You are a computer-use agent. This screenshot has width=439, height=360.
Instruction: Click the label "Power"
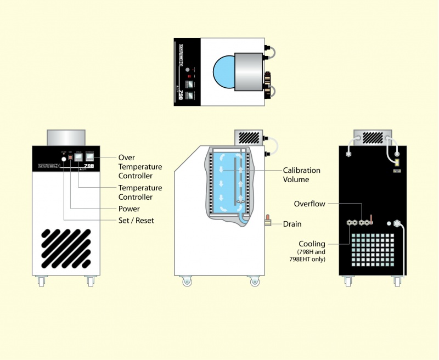130,209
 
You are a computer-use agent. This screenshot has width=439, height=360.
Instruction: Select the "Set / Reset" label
136,221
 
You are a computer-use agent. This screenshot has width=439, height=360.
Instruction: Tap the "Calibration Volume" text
302,175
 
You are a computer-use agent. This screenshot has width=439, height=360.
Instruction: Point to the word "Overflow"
309,204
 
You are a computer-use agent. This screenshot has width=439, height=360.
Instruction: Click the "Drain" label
292,224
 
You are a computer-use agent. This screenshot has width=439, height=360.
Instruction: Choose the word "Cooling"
312,244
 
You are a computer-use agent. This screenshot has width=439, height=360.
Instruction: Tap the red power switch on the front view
70,157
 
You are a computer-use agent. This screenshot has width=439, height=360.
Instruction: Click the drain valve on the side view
269,221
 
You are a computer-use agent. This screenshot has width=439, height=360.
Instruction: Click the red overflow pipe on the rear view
371,220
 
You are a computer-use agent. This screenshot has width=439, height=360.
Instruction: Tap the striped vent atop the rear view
373,137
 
